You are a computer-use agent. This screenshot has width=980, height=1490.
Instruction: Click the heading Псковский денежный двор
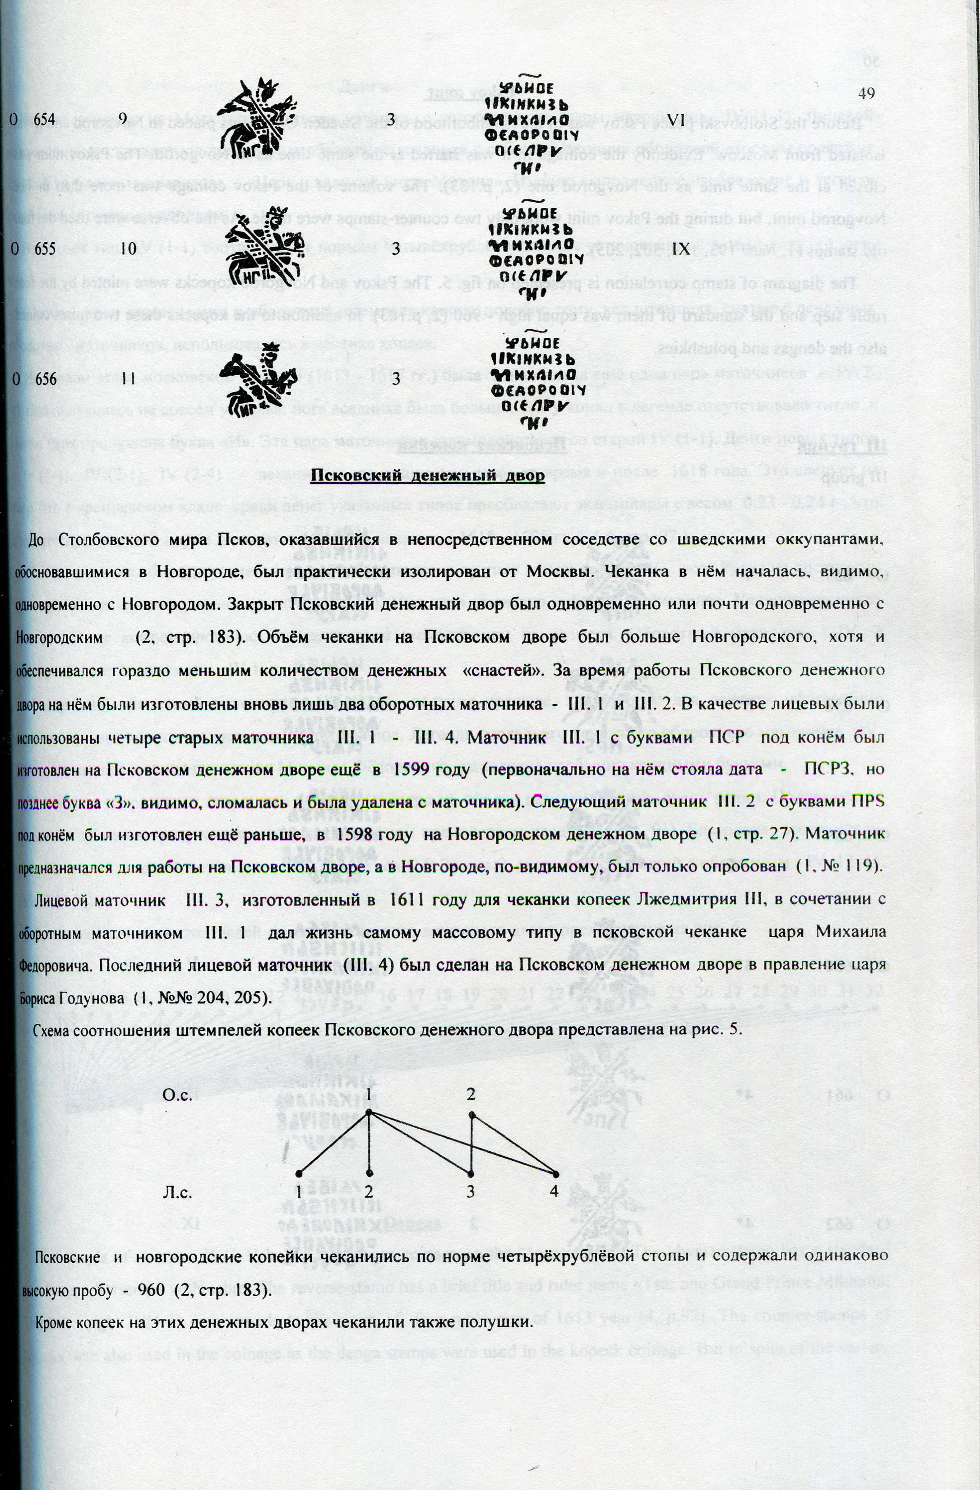(x=428, y=475)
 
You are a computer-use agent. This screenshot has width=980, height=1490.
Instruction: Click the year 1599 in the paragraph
(x=411, y=770)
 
